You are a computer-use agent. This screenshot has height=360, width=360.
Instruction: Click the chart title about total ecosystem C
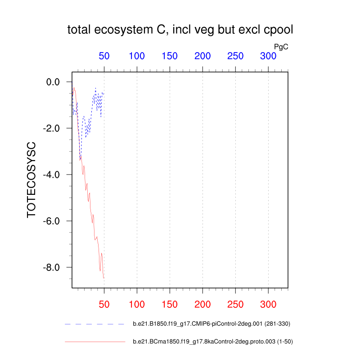coord(180,30)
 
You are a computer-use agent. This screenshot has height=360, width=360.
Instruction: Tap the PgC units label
coord(281,46)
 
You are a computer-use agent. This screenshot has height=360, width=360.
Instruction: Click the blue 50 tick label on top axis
coord(104,56)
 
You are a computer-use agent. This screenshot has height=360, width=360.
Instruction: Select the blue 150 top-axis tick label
coord(170,56)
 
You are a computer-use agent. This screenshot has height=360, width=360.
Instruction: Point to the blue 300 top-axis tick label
coord(268,56)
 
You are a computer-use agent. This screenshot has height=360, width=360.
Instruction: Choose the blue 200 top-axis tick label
coord(202,56)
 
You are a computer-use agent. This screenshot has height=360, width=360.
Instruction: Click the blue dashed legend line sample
coord(94,324)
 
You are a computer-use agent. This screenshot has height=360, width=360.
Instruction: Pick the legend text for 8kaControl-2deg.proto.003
coord(213,342)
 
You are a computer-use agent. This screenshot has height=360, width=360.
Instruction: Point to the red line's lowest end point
coord(104,278)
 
